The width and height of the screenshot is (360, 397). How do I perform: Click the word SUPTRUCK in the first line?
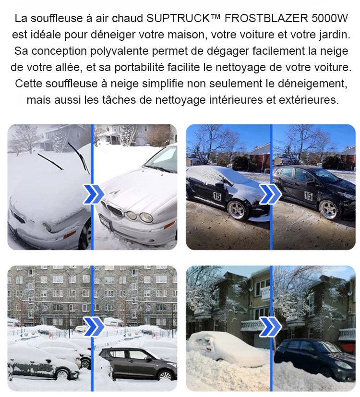click(178, 19)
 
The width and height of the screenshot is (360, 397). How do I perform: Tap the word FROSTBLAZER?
click(266, 19)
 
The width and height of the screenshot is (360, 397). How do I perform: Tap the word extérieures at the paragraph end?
click(309, 100)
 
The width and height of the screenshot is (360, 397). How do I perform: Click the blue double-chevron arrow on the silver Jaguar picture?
click(94, 194)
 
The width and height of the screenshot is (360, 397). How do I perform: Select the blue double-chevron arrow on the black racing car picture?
click(271, 194)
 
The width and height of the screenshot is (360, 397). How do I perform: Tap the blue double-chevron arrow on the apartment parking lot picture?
click(94, 327)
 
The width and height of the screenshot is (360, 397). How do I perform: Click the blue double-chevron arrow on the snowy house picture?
click(271, 327)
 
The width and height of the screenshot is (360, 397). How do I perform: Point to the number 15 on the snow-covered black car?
click(216, 196)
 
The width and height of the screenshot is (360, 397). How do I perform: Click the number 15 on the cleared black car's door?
click(308, 196)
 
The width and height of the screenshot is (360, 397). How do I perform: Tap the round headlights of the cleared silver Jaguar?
click(139, 216)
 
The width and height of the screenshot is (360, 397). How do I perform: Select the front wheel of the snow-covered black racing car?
click(237, 210)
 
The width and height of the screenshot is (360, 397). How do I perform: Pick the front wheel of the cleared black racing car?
click(328, 210)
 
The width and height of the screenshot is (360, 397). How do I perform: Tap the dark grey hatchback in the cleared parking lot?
click(138, 362)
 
